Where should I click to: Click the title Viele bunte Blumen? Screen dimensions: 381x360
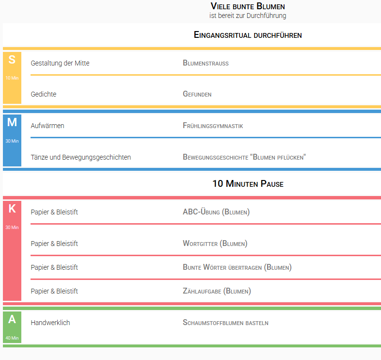[x=248, y=6]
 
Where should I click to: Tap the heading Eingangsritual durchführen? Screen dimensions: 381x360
[x=248, y=35]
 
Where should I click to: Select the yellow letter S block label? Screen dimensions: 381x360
[x=12, y=60]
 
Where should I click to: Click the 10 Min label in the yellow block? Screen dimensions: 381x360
[x=12, y=78]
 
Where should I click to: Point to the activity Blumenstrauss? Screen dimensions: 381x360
[x=206, y=63]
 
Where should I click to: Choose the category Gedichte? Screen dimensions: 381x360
[x=44, y=94]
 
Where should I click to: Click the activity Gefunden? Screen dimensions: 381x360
[x=197, y=94]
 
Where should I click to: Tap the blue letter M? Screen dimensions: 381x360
[x=12, y=122]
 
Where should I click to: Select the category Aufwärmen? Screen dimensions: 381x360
[x=48, y=126]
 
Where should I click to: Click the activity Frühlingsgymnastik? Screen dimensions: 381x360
[x=213, y=126]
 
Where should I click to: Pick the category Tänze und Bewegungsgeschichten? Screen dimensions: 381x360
[x=80, y=157]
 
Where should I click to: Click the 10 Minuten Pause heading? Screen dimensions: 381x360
[x=248, y=184]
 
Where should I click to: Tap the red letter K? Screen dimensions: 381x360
[x=12, y=209]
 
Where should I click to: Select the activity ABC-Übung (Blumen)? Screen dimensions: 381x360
[x=216, y=212]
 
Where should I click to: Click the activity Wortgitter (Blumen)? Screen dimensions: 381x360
[x=215, y=244]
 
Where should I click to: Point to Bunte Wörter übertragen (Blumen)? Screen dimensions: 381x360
[x=237, y=267]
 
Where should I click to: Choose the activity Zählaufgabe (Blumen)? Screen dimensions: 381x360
[x=217, y=291]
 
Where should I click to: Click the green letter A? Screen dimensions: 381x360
[x=12, y=319]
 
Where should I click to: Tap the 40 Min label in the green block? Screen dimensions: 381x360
[x=12, y=338]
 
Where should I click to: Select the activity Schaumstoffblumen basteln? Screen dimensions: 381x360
[x=225, y=323]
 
